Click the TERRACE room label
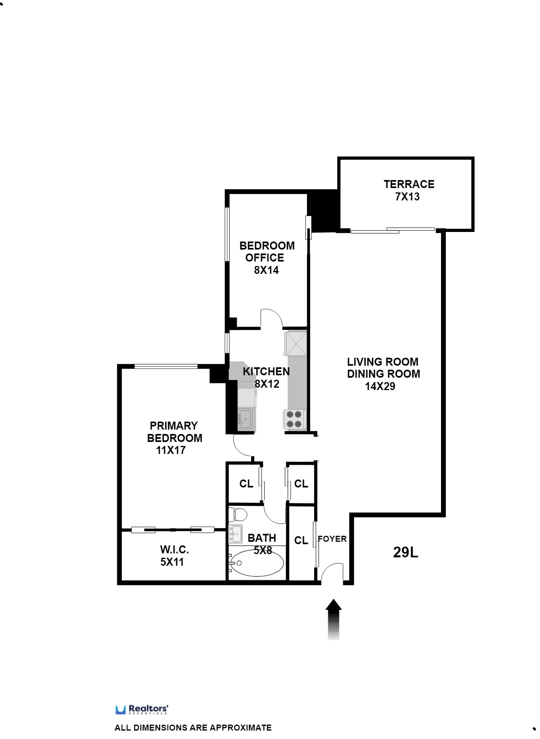click(409, 184)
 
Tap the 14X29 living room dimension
click(380, 386)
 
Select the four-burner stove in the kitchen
click(294, 419)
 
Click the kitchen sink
click(245, 419)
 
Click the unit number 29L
click(405, 552)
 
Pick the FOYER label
click(332, 539)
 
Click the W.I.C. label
click(174, 550)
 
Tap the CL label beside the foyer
click(301, 540)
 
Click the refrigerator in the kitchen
click(296, 343)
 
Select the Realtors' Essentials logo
click(142, 709)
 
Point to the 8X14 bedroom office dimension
click(266, 270)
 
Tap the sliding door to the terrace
click(393, 230)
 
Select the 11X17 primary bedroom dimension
click(171, 450)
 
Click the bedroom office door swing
click(271, 318)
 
